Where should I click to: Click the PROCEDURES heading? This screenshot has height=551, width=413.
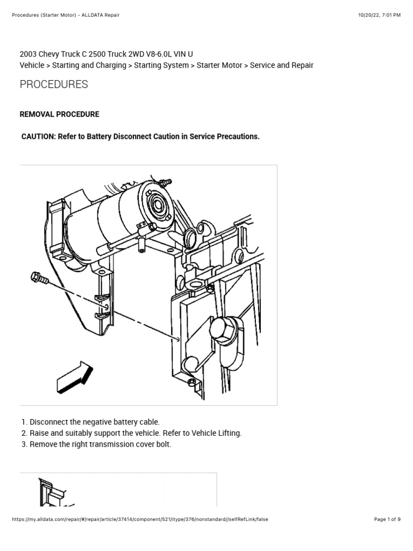click(x=54, y=84)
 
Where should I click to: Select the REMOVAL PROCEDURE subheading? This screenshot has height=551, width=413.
click(x=59, y=115)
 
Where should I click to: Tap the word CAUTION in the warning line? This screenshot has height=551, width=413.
click(x=39, y=137)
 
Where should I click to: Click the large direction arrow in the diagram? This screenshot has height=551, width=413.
click(x=75, y=377)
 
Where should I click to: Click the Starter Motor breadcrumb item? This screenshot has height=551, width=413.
click(x=219, y=65)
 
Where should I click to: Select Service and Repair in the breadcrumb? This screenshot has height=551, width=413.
click(x=281, y=65)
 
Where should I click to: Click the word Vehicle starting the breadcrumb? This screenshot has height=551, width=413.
click(x=32, y=65)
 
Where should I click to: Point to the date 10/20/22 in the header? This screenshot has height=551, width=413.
click(x=369, y=15)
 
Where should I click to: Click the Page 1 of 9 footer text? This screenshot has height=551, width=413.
click(x=387, y=519)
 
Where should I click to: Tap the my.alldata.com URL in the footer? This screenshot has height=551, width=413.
click(x=140, y=519)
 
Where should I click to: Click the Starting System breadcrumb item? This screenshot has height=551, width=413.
click(x=161, y=65)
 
